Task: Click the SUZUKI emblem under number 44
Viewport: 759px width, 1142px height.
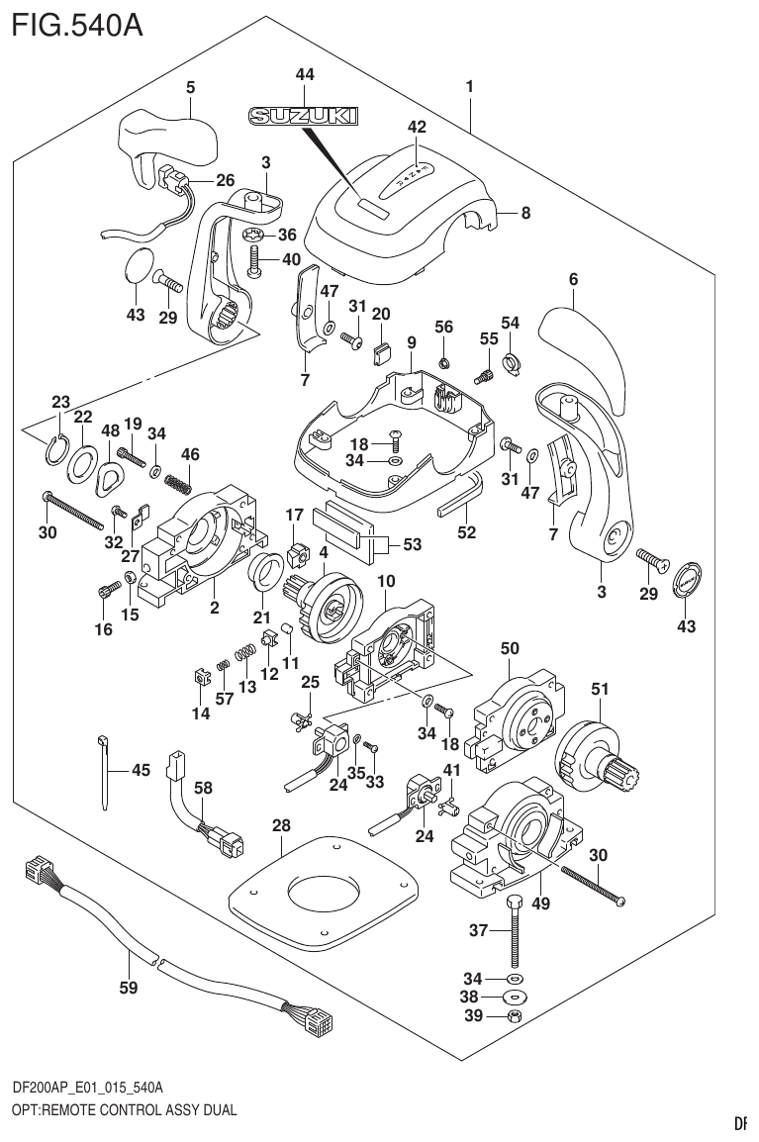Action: pos(303,117)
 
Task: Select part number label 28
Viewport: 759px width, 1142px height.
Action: pos(281,825)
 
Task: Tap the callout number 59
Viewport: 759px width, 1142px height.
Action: pos(128,986)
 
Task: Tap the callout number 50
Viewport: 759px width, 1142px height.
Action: pos(510,648)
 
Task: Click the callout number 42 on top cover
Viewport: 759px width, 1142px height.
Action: pos(417,127)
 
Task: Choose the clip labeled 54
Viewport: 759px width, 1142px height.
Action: pos(513,362)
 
